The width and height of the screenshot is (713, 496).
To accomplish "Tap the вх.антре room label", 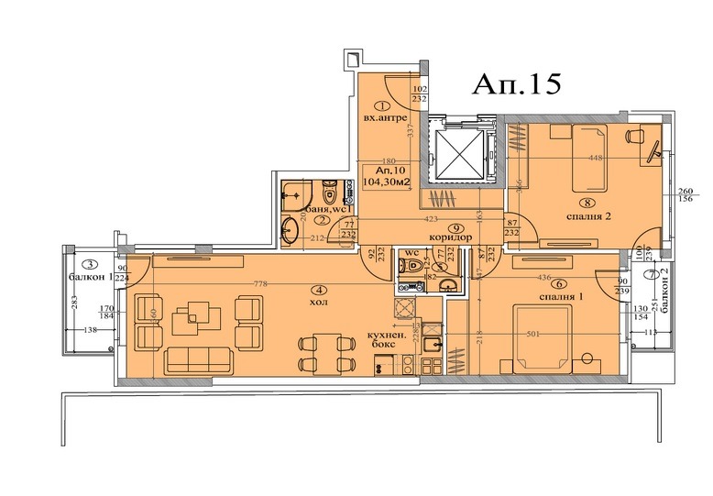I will coord(379,117).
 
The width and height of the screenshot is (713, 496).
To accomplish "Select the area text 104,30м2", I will coord(387,181).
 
